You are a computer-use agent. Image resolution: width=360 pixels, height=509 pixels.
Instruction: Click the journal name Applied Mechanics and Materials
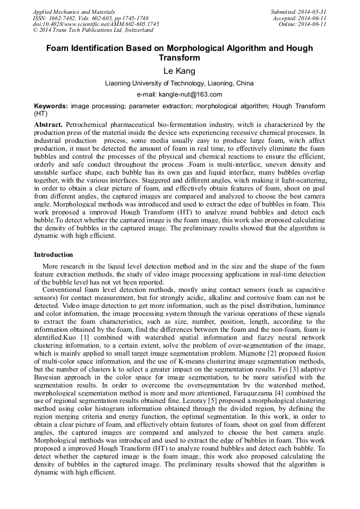[x=73, y=11]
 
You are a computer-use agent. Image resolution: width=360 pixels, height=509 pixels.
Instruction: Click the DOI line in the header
[x=96, y=24]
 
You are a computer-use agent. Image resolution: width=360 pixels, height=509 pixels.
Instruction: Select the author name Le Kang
[x=179, y=71]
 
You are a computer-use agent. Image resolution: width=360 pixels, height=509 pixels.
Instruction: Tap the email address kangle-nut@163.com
[x=192, y=94]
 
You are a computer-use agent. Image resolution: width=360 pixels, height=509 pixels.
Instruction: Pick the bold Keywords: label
[x=50, y=106]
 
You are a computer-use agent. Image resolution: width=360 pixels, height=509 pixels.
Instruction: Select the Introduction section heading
[x=54, y=255]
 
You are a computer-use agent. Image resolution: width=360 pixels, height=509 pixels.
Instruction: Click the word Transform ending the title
[x=179, y=58]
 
